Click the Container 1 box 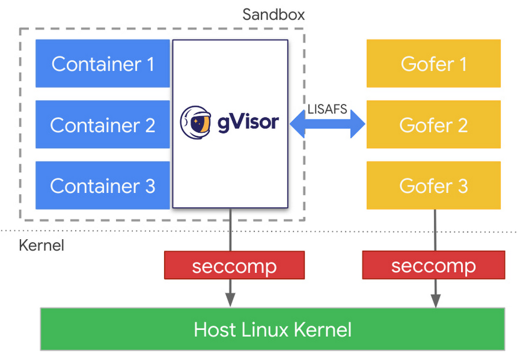pos(102,64)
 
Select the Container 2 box pos(102,124)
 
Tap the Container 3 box pos(102,185)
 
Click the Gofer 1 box pos(433,64)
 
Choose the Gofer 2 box pos(433,124)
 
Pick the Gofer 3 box pos(433,185)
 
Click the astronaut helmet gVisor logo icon pos(196,123)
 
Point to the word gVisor pos(248,123)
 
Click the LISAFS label pos(328,109)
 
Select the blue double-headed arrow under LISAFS pos(328,124)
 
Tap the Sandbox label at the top pos(273,14)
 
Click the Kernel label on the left pos(42,245)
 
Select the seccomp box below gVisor pos(234,266)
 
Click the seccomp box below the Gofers pos(433,266)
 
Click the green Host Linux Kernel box pos(272,329)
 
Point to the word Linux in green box pos(272,329)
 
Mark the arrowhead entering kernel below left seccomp pos(230,301)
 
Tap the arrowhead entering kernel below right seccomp pos(434,301)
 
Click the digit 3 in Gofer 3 pos(462,186)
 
